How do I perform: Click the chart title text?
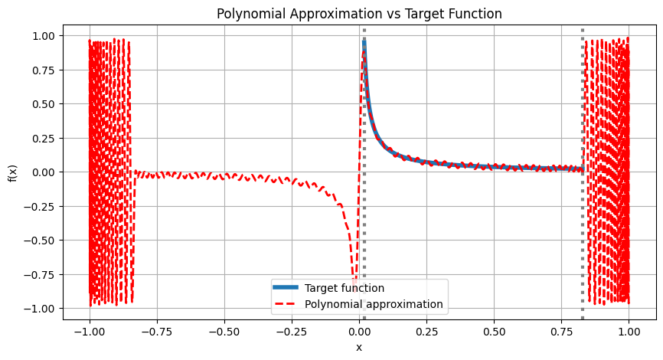(x=359, y=14)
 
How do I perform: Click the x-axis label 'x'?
(x=359, y=347)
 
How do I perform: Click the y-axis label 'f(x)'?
(x=12, y=172)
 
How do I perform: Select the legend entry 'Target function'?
(x=344, y=288)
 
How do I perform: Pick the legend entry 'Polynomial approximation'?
(x=374, y=304)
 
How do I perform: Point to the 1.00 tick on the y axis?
(x=43, y=35)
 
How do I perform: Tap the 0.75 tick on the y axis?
(x=43, y=70)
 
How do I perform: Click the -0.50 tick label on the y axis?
(x=40, y=240)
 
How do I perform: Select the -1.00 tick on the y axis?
(x=40, y=308)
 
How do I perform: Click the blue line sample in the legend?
(x=287, y=288)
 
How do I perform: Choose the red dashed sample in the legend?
(x=287, y=304)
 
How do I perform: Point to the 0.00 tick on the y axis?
(x=43, y=172)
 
